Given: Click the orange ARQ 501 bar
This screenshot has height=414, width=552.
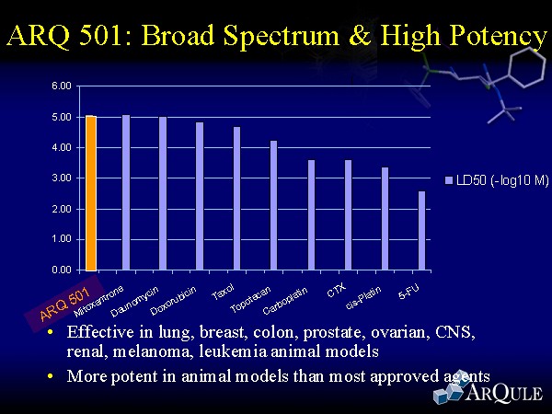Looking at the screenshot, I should point(91,193).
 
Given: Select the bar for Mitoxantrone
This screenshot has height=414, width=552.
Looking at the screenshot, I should point(126,193).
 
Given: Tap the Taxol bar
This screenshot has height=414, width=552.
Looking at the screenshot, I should point(236,199).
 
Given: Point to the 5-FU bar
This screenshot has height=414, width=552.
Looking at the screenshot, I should point(421,231).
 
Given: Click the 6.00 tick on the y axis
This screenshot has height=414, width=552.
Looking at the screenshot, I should point(61,86).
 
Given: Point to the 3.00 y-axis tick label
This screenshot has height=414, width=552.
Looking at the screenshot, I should point(61,178).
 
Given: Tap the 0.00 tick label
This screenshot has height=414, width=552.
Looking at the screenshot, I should point(61,270).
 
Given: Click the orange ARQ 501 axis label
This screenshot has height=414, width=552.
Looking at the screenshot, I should point(63,305).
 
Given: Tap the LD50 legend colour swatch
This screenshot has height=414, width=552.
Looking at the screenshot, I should point(448,180).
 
